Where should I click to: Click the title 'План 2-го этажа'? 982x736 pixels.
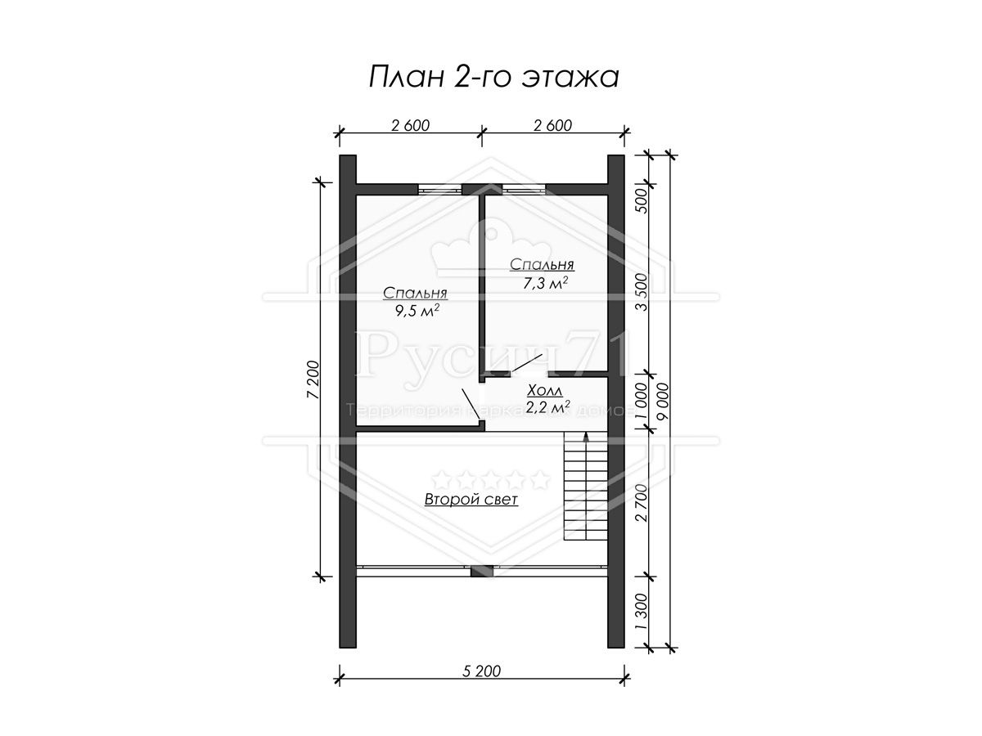coord(493,78)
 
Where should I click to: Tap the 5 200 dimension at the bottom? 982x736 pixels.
coord(481,671)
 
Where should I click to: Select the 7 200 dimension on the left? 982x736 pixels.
coord(313,379)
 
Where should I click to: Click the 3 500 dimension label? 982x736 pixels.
coord(641,292)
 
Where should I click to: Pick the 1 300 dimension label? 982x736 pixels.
coord(641,612)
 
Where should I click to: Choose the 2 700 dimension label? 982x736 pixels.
coord(641,503)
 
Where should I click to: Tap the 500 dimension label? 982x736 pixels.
coord(641,200)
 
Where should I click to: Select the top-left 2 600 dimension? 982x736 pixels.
coord(410,126)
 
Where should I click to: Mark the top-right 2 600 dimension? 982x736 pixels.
coord(552,126)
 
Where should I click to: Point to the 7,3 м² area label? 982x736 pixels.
coord(545,283)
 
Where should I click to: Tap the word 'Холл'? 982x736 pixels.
coord(544,391)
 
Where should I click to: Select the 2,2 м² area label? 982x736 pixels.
coord(547,406)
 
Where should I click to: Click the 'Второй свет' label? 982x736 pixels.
coord(471,499)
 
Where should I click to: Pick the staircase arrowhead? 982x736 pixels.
coord(585,436)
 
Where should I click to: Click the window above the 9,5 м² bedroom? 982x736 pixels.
coord(439,190)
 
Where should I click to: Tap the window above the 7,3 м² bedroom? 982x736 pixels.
coord(524,190)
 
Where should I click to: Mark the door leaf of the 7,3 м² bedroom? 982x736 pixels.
coord(528,363)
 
